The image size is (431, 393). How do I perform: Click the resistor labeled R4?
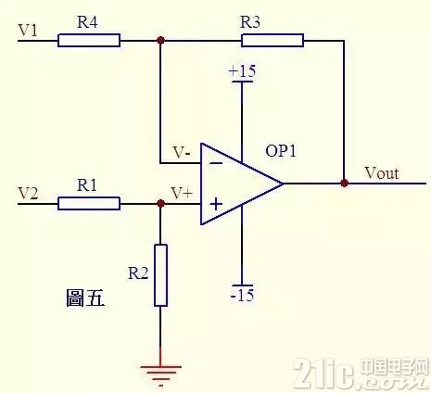click(89, 41)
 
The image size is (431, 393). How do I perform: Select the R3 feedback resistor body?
click(273, 41)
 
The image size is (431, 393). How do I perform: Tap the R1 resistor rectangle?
click(89, 204)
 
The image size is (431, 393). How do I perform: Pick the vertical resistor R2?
click(160, 275)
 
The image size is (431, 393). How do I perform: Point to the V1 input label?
click(28, 31)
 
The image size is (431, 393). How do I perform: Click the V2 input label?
click(28, 194)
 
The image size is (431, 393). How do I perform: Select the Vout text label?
click(382, 172)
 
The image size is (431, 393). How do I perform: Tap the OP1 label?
click(281, 151)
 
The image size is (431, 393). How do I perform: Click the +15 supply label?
click(242, 71)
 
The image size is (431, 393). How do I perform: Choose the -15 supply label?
click(242, 295)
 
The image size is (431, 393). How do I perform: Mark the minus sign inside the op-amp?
click(216, 163)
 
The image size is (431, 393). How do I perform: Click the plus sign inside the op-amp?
click(216, 204)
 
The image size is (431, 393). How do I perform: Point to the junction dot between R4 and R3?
click(160, 40)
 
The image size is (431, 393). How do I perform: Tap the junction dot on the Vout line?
click(344, 184)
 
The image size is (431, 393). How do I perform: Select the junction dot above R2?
click(160, 203)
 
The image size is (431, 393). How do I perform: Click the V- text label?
click(182, 152)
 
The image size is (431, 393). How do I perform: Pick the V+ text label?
click(182, 194)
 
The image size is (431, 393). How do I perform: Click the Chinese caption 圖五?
click(85, 298)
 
